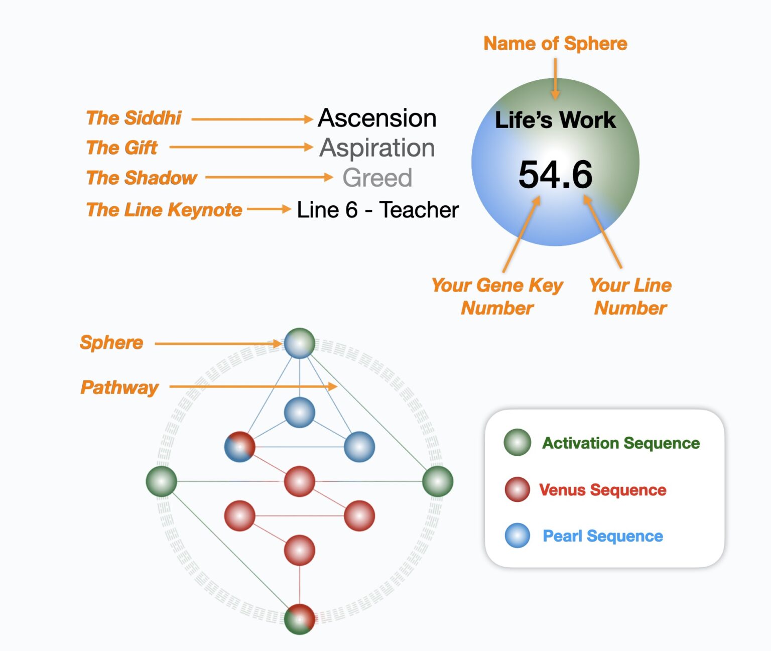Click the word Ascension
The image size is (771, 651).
pos(377,118)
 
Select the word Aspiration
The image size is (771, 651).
pos(377,148)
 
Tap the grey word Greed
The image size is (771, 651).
pos(377,178)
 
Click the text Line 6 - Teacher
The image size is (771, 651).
pos(377,210)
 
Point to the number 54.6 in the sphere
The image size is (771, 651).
pos(555,175)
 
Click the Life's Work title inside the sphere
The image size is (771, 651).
pos(555,120)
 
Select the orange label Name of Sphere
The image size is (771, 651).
pos(555,44)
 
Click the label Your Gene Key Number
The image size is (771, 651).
pos(497,296)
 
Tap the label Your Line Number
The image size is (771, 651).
pos(630,296)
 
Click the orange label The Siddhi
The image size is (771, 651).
pos(134,118)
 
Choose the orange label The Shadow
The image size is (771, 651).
pos(142,178)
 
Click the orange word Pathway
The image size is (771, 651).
pos(119,387)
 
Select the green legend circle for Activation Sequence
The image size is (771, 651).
pos(517,442)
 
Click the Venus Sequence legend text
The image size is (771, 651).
pos(602,489)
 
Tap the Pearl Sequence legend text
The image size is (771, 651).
pos(602,536)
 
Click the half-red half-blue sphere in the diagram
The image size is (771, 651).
pos(239,446)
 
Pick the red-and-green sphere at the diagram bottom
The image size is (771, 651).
pos(299,619)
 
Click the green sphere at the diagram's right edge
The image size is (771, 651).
pos(437,481)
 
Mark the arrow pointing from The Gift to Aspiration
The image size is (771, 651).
pos(241,147)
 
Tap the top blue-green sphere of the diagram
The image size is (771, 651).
pos(299,343)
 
